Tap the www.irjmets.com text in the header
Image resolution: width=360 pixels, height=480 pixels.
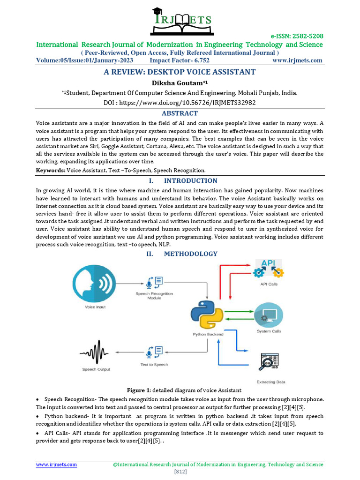(297, 60)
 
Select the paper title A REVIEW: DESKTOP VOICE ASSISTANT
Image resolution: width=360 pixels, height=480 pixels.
(180, 72)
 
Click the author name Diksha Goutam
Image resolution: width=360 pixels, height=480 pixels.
(180, 83)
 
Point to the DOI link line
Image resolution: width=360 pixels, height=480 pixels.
(180, 102)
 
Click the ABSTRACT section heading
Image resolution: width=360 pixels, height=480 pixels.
(180, 113)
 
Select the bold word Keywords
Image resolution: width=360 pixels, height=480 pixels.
(51, 170)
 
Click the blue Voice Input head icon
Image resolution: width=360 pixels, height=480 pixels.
(95, 285)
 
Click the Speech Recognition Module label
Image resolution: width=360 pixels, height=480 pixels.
(154, 296)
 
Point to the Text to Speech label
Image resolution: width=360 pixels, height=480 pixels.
(154, 364)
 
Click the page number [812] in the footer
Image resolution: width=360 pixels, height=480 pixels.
(180, 472)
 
